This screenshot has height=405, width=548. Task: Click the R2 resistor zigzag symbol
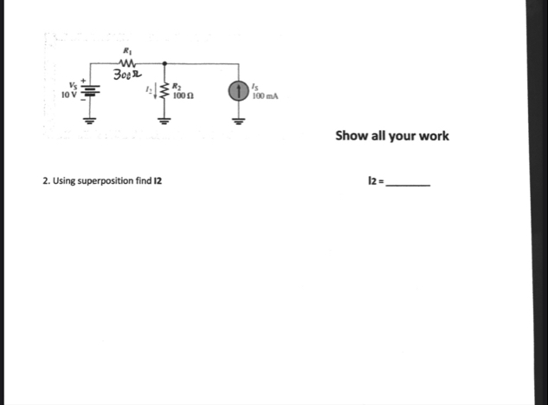tap(164, 91)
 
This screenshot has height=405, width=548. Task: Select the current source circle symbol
tap(238, 91)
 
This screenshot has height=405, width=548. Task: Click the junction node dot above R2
tap(164, 62)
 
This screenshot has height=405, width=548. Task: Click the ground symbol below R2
tap(164, 121)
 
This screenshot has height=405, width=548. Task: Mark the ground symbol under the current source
tap(238, 121)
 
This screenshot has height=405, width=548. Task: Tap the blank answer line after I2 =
tap(407, 185)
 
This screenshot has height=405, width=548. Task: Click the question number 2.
tap(44, 181)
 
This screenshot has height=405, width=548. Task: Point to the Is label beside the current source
tap(254, 85)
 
